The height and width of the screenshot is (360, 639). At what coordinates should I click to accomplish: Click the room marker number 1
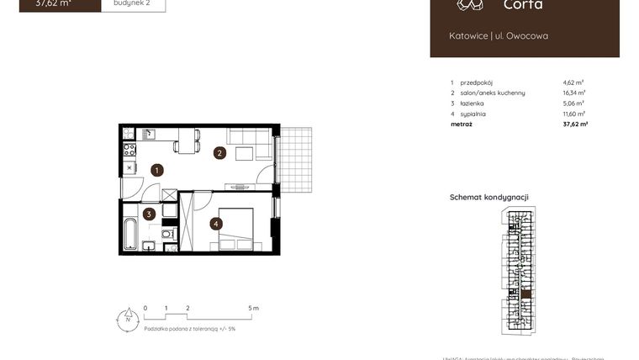(x=156, y=170)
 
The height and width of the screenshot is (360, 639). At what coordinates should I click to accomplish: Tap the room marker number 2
(x=219, y=153)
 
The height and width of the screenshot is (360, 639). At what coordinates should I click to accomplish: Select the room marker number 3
(x=149, y=214)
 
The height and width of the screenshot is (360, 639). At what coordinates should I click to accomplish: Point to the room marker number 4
(x=216, y=224)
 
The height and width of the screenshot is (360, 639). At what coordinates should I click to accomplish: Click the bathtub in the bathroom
(x=130, y=234)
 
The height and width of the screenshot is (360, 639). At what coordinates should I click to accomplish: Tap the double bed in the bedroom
(x=236, y=230)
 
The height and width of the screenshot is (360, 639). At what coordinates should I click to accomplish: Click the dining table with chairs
(x=187, y=140)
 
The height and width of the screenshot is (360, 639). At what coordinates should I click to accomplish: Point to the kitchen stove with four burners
(x=129, y=150)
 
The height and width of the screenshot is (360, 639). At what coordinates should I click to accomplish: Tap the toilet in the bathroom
(x=166, y=233)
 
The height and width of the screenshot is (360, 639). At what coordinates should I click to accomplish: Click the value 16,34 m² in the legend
(x=574, y=93)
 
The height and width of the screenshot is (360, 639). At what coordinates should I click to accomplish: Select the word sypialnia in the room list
(x=473, y=114)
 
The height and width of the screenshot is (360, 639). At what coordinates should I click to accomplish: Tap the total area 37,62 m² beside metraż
(x=574, y=124)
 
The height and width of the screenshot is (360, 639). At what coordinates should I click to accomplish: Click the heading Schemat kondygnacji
(x=488, y=197)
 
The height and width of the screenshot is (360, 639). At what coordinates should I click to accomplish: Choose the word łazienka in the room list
(x=473, y=103)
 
